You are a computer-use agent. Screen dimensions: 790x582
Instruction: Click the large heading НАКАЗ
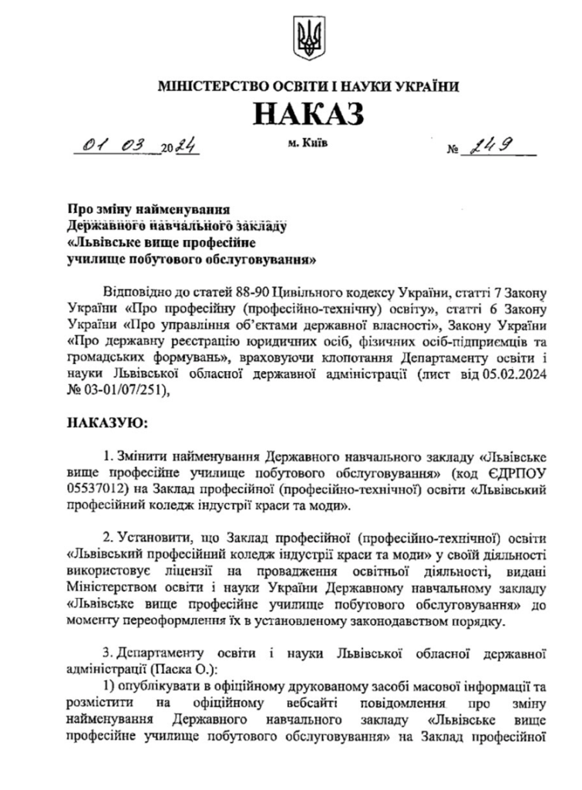pyautogui.click(x=308, y=113)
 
